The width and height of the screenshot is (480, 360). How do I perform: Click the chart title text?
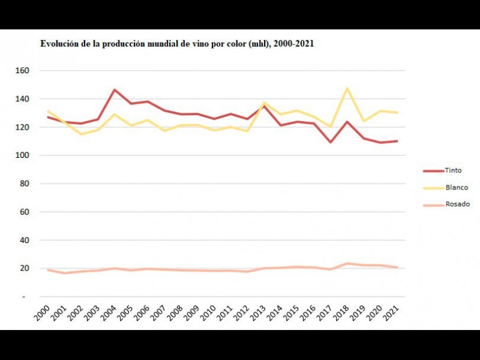pos(177,44)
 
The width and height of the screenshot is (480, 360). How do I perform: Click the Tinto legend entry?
pos(453,170)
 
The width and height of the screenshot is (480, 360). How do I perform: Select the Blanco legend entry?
pos(456,187)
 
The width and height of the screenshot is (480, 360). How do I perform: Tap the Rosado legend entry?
pos(457,204)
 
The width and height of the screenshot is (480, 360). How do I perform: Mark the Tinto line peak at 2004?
pos(114,90)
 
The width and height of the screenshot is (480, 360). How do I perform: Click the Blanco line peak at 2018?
pos(347,88)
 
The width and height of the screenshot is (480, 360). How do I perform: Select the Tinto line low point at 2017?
pos(331,142)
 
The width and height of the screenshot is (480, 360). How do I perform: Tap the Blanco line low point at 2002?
pos(81,134)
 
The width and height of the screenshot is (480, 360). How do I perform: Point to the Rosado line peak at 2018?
pos(347,263)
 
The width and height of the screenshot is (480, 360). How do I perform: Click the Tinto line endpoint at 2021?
pos(397,141)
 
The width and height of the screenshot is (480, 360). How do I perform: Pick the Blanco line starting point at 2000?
pos(47,111)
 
